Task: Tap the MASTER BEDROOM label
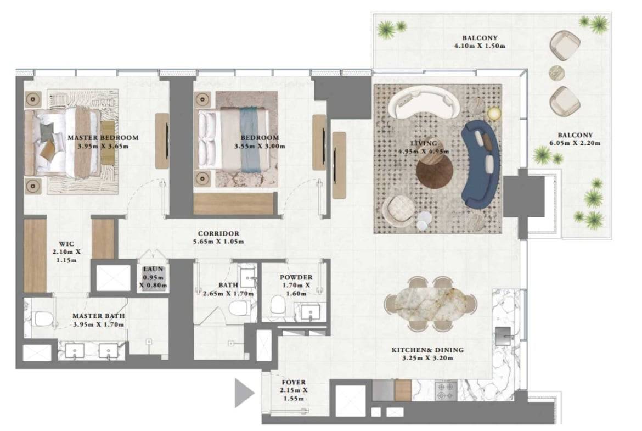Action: click(103, 138)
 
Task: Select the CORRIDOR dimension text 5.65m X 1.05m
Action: click(218, 242)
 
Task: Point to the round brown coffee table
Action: click(435, 171)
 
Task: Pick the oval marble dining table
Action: click(430, 304)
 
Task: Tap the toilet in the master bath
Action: click(42, 318)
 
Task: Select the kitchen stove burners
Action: click(446, 390)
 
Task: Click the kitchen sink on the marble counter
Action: click(503, 336)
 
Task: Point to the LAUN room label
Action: click(153, 269)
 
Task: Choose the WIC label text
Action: click(66, 244)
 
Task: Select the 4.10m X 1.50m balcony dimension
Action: click(480, 46)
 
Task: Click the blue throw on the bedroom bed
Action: click(250, 139)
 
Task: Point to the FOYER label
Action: click(294, 382)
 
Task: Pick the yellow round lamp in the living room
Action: click(494, 114)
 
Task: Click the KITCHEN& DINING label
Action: click(427, 350)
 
